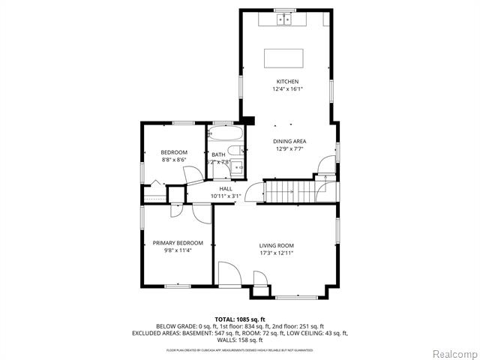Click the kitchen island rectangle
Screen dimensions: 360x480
tap(284, 58)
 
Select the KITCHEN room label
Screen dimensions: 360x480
tap(287, 82)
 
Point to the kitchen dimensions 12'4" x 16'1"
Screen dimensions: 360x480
tap(287, 89)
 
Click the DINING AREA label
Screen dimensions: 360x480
tap(289, 141)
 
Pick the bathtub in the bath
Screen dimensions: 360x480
tap(226, 136)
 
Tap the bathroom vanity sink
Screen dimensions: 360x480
tap(236, 168)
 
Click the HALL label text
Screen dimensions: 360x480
tap(226, 189)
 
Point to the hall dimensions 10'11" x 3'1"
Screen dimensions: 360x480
tap(226, 196)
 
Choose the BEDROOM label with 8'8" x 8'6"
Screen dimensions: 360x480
tap(174, 152)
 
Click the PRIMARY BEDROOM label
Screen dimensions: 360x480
tap(178, 243)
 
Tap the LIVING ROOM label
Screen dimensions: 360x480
tap(276, 245)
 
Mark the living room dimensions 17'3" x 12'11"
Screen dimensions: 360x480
tap(276, 253)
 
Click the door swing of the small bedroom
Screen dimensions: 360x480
tap(194, 173)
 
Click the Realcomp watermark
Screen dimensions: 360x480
tap(447, 353)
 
